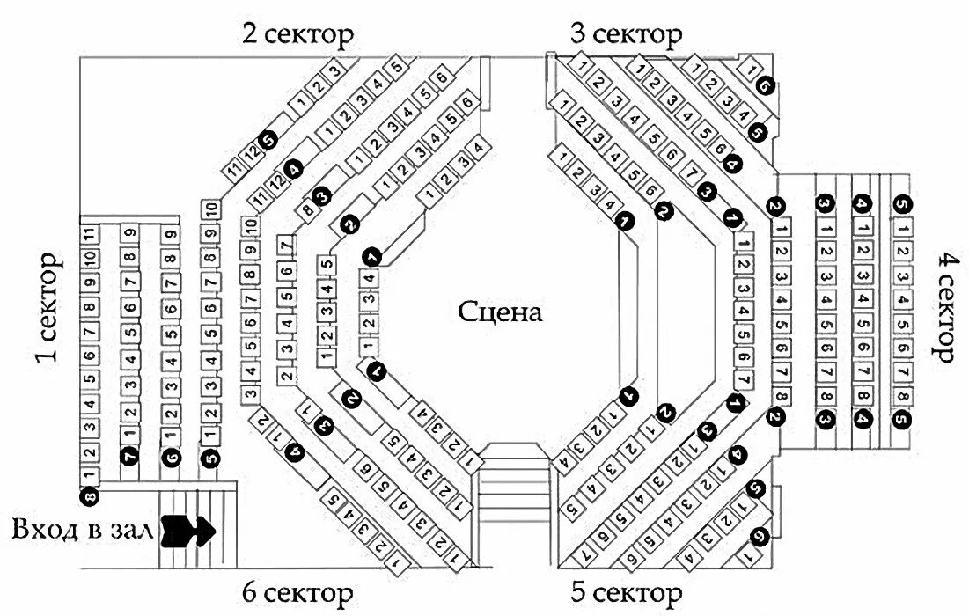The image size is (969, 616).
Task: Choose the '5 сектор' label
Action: [x=626, y=590]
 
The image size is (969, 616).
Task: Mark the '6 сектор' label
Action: [x=298, y=590]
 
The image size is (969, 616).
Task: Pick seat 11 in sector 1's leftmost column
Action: [x=89, y=234]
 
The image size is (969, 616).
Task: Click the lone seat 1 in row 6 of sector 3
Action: [x=752, y=67]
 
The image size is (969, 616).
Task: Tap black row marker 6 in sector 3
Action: [x=764, y=85]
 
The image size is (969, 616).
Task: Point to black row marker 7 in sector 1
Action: [x=130, y=457]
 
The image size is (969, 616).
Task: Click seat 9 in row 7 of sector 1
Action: [x=130, y=234]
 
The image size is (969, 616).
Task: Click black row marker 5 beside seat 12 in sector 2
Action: [x=269, y=137]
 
